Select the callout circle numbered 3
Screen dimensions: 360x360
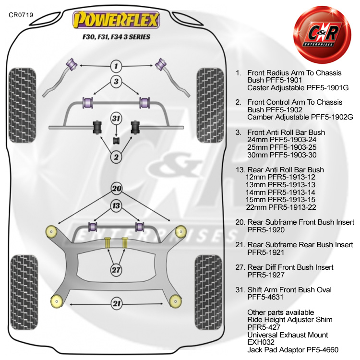(116, 81)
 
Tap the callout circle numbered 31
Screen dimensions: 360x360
(116, 118)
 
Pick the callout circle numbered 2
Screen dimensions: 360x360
(116, 156)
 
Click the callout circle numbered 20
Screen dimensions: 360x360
(116, 188)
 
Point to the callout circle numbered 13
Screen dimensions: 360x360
(116, 206)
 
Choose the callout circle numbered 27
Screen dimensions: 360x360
(116, 270)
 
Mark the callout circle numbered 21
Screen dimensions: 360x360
(116, 303)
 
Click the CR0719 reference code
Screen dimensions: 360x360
(21, 15)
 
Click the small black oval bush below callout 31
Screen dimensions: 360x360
(116, 140)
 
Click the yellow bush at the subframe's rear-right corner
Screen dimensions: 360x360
(174, 301)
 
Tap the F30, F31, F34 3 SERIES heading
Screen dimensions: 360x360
(115, 36)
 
